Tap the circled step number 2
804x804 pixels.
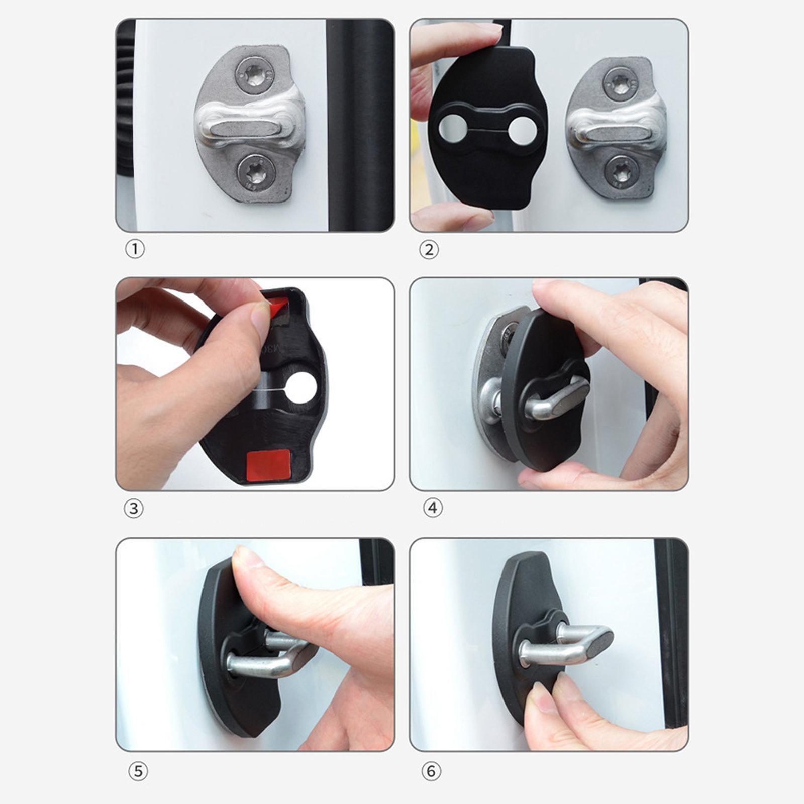429,250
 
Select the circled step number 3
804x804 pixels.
134,509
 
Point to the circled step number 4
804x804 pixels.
433,508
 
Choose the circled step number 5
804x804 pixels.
138,771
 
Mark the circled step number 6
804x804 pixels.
431,771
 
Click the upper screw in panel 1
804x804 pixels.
255,75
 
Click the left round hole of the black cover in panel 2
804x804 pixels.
451,128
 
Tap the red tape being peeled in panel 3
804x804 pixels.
276,304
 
